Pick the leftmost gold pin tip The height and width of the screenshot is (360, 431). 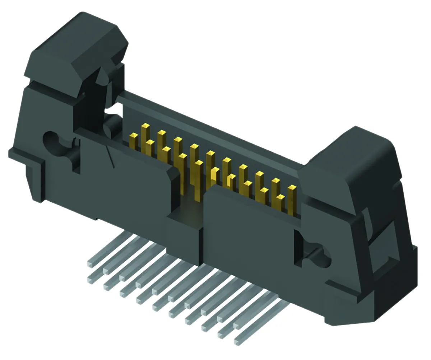[134, 135]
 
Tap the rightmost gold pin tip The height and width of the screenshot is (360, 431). [292, 187]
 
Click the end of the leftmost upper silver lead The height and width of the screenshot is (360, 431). [90, 265]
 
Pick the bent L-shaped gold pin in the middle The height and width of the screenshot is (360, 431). [230, 179]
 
